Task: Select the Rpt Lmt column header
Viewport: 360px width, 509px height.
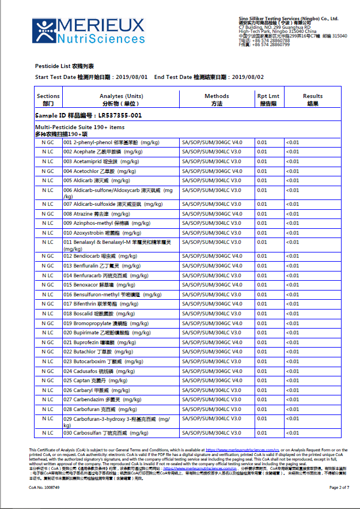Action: click(268, 100)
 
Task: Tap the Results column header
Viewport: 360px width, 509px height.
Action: click(313, 100)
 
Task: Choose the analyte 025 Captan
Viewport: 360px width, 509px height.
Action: click(95, 380)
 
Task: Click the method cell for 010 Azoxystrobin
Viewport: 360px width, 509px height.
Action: click(211, 232)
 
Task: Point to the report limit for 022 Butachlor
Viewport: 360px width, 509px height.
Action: click(262, 351)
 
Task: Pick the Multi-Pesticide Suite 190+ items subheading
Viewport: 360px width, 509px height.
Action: click(79, 127)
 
